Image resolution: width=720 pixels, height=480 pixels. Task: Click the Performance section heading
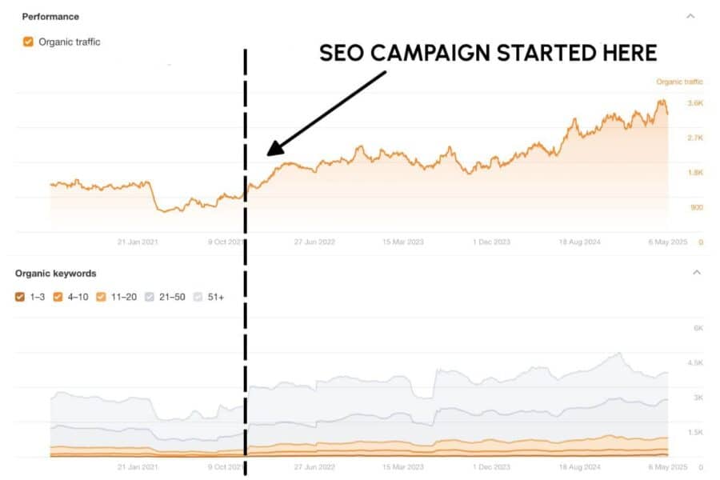[x=50, y=16]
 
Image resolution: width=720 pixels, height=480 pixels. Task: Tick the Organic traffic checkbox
[x=28, y=42]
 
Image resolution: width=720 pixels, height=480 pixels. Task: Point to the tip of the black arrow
[x=268, y=154]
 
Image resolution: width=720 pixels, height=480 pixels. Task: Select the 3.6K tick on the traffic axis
[x=694, y=103]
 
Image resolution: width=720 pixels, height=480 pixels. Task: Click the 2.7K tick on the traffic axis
[x=694, y=138]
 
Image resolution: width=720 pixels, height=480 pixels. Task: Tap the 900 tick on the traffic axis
[x=696, y=207]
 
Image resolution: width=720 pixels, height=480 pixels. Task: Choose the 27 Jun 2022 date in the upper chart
[x=314, y=242]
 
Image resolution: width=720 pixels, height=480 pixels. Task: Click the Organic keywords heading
[x=55, y=273]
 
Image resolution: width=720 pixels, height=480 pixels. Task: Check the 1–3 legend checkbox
[x=20, y=297]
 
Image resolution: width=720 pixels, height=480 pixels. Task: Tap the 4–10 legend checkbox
[x=58, y=297]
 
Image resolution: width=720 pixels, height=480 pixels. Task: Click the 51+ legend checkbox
[x=199, y=297]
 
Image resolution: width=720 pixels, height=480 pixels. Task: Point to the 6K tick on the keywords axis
[x=698, y=328]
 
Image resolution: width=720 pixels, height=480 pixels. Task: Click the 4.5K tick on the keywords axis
[x=694, y=362]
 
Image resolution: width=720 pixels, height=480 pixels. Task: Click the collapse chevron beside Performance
[x=690, y=16]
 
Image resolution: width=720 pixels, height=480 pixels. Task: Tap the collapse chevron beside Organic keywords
[x=696, y=273]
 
